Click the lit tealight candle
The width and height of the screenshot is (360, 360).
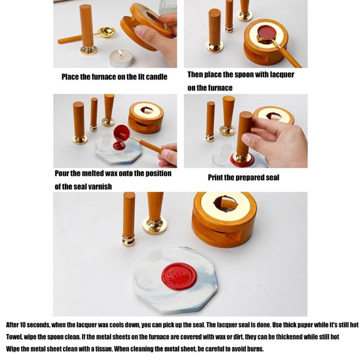121,58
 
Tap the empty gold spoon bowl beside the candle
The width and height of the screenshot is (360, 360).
107,32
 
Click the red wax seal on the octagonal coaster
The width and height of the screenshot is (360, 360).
180,275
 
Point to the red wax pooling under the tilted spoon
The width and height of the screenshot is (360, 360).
119,145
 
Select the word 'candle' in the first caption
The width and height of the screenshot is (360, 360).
156,77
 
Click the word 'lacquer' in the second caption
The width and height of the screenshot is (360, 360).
282,74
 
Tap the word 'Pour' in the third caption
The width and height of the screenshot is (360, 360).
63,174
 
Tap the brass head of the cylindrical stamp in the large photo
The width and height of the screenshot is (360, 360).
128,240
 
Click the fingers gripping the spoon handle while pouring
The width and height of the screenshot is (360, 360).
169,155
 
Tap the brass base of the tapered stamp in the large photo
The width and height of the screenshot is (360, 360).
154,225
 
